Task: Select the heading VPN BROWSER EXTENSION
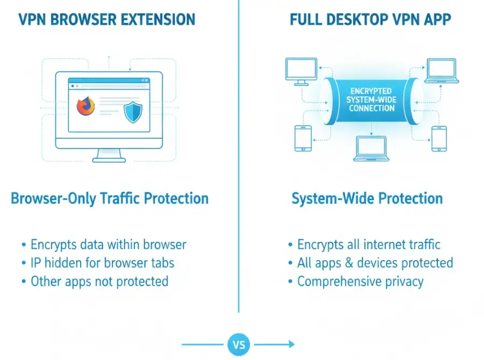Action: (x=106, y=20)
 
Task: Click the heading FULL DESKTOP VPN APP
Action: (x=371, y=20)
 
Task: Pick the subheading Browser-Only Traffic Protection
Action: (x=110, y=198)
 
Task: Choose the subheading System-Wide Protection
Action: (x=367, y=198)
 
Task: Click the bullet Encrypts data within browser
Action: (x=108, y=245)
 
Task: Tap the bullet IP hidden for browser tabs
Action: (x=102, y=263)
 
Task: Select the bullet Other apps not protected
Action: (x=99, y=281)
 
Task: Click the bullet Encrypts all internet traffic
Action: (x=369, y=245)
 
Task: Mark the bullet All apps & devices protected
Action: (x=375, y=263)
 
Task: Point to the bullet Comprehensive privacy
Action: (x=360, y=281)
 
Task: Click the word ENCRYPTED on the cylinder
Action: (x=371, y=91)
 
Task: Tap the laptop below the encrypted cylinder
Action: (x=371, y=147)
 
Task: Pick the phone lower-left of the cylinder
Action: (x=303, y=138)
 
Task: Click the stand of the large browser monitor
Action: (x=109, y=155)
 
